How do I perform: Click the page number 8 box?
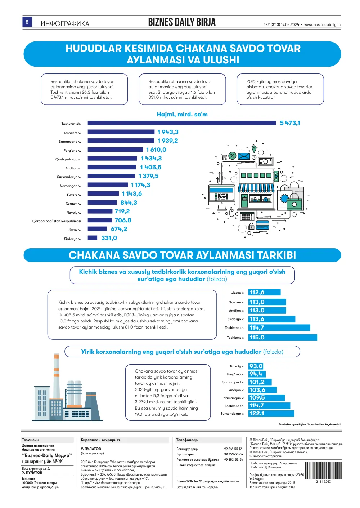click(27, 22)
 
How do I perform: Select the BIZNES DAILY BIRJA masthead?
click(182, 22)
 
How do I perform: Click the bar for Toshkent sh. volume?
click(182, 123)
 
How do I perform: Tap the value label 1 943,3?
click(168, 132)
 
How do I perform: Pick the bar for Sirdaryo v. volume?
click(93, 238)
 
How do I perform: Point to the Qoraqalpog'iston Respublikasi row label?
click(57, 221)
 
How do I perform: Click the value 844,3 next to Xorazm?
click(129, 202)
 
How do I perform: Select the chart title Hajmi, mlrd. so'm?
click(182, 114)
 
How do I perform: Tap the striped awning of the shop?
click(256, 188)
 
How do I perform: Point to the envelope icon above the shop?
click(244, 156)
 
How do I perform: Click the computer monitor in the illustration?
click(221, 195)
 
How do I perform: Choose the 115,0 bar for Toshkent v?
click(283, 337)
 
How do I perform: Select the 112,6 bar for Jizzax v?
click(264, 292)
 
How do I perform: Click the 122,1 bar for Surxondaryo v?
click(271, 414)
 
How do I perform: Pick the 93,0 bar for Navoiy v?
click(256, 366)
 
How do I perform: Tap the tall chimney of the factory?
click(56, 376)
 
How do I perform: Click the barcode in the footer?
click(324, 471)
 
